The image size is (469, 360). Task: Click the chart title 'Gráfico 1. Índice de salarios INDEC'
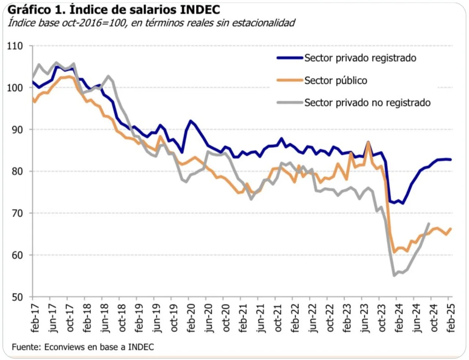pos(114,9)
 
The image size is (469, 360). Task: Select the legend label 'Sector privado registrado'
pos(360,58)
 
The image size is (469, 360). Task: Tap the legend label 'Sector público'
pos(336,81)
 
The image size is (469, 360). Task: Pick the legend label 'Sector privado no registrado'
pos(367,103)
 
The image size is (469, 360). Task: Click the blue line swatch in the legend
pos(290,58)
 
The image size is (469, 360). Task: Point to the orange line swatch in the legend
pos(290,80)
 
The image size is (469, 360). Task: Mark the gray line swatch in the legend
pos(290,103)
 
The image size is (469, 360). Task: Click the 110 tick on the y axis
pos(15,46)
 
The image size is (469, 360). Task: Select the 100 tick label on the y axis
pos(15,88)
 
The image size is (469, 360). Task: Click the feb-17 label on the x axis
pos(35,318)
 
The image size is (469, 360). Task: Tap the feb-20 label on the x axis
pos(191,318)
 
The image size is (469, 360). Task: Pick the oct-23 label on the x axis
pos(382,318)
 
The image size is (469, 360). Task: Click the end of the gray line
pos(428,224)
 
